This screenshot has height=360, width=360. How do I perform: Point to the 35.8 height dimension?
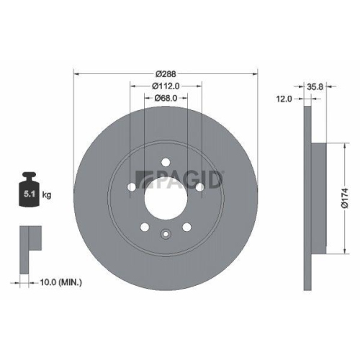click(x=314, y=86)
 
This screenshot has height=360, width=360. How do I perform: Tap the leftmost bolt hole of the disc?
click(x=131, y=189)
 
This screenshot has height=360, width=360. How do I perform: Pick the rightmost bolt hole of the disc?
click(x=199, y=189)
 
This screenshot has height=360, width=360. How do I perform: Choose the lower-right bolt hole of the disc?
click(x=186, y=228)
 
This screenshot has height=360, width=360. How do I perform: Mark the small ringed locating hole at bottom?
click(x=165, y=233)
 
